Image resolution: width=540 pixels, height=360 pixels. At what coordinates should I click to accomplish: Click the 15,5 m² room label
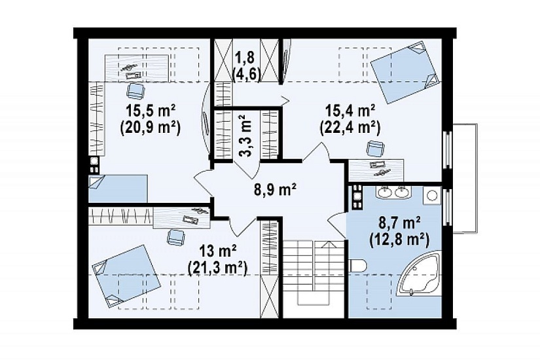[x=151, y=111]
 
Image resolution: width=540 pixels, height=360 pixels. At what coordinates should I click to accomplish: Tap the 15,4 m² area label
[x=350, y=111]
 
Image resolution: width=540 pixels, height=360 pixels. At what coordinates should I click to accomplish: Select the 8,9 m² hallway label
[x=275, y=190]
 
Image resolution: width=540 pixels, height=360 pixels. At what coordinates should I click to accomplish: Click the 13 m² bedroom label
[x=218, y=251]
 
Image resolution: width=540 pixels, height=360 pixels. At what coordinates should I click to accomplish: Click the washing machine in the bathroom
[x=432, y=196]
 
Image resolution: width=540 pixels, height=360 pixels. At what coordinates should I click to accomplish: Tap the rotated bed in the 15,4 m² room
[x=405, y=73]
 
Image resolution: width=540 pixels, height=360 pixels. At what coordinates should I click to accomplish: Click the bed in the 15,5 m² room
[x=118, y=189]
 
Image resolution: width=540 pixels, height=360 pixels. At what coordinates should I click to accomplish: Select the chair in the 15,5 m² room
[x=135, y=90]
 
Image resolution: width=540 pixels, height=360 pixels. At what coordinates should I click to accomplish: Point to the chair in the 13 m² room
[x=175, y=237]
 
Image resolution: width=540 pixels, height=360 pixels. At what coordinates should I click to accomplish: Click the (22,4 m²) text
[x=350, y=128]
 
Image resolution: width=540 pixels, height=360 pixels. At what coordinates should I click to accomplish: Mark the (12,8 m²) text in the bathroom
[x=399, y=240]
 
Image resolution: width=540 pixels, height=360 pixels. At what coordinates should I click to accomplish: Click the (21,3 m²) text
[x=218, y=268]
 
